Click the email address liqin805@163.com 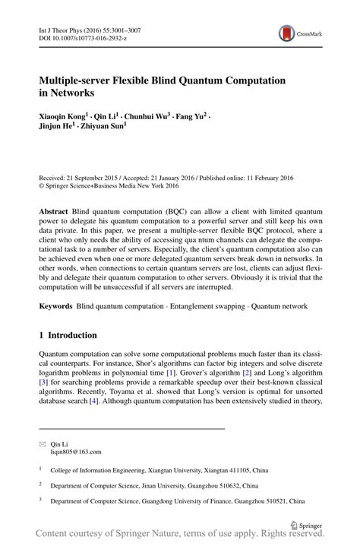click(x=76, y=451)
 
